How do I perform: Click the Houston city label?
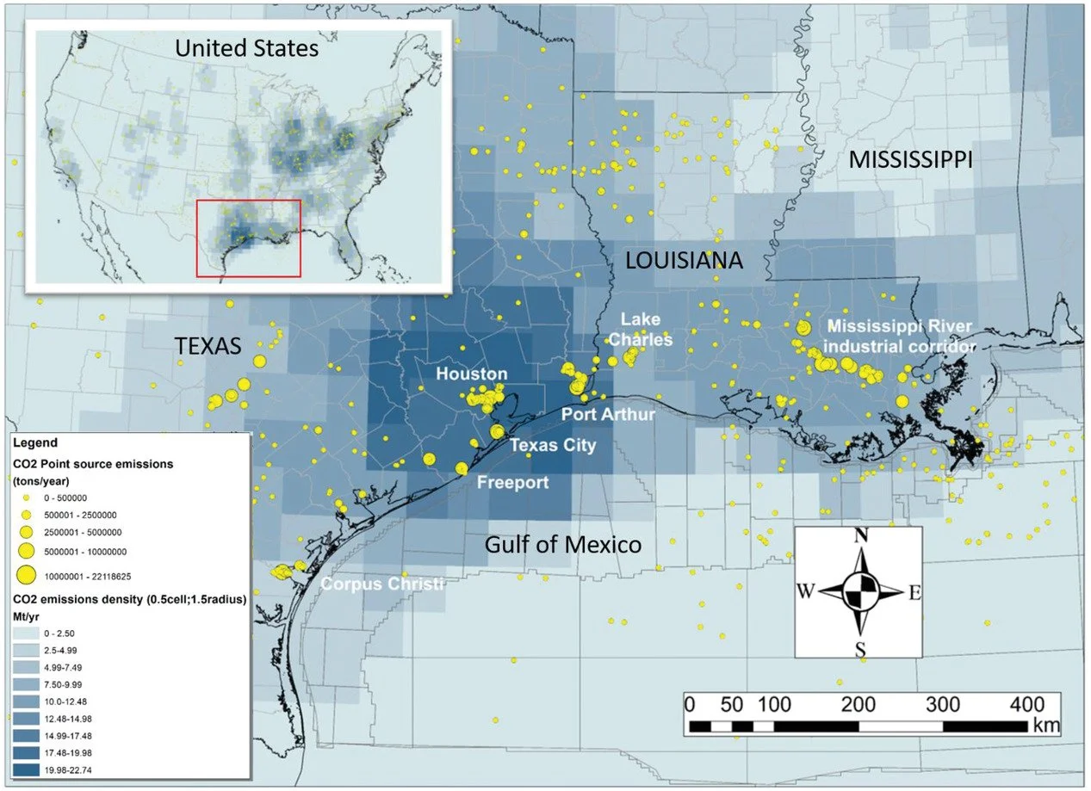click(x=471, y=374)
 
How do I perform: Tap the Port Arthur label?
click(x=608, y=415)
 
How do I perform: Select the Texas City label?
click(x=552, y=446)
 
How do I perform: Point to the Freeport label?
click(x=512, y=482)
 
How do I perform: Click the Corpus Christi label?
click(x=383, y=584)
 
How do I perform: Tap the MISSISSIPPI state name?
click(x=910, y=159)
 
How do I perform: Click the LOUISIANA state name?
click(x=684, y=261)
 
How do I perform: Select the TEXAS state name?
click(x=208, y=346)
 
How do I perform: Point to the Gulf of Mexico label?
click(x=562, y=544)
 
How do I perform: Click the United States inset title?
click(x=246, y=48)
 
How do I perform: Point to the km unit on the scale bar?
click(x=1046, y=726)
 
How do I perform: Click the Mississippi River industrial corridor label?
click(x=901, y=337)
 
